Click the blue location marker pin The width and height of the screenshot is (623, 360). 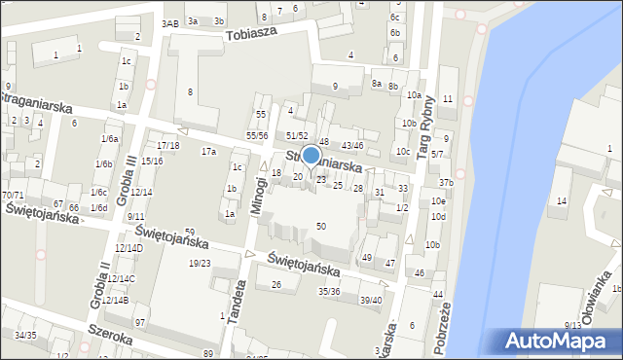pyautogui.click(x=311, y=157)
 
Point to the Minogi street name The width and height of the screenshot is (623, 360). pyautogui.click(x=261, y=196)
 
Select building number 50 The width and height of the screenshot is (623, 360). pyautogui.click(x=321, y=226)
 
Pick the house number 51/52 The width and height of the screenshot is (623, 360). pyautogui.click(x=297, y=135)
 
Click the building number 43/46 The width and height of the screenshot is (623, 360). pyautogui.click(x=352, y=145)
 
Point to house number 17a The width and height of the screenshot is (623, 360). pyautogui.click(x=208, y=151)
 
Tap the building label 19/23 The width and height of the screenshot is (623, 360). pyautogui.click(x=200, y=263)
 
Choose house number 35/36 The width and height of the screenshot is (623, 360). pyautogui.click(x=329, y=291)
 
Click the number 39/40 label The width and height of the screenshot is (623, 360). pyautogui.click(x=371, y=300)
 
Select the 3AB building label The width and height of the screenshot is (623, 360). pyautogui.click(x=170, y=23)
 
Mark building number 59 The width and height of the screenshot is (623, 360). pyautogui.click(x=190, y=231)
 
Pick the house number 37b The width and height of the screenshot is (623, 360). pyautogui.click(x=446, y=183)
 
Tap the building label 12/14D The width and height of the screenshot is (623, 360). pyautogui.click(x=128, y=248)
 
